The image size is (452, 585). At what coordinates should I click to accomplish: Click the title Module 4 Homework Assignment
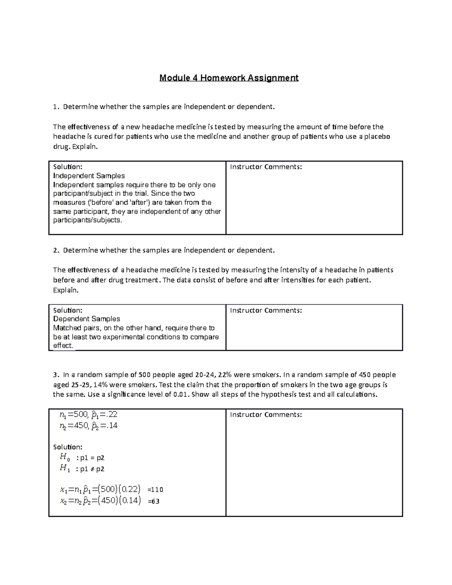tap(229, 78)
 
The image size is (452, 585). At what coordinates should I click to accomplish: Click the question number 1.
tap(55, 107)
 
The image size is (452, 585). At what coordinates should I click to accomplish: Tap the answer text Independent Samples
tap(89, 176)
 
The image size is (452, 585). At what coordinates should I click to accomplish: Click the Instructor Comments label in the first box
tap(266, 167)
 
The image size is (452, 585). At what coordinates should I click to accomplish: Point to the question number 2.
tap(55, 250)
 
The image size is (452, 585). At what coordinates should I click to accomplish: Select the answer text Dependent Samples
tap(87, 319)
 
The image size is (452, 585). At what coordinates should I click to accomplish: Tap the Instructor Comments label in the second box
tap(266, 310)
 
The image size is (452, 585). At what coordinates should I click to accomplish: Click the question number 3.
tap(55, 375)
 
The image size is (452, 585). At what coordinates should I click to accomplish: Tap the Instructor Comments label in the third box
tap(266, 415)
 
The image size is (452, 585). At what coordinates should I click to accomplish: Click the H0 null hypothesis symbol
tap(65, 458)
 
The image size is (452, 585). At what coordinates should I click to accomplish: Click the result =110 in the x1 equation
tap(155, 490)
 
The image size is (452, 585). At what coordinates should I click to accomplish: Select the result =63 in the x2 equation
tap(154, 501)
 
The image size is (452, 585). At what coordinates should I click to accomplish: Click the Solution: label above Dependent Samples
tap(68, 310)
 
